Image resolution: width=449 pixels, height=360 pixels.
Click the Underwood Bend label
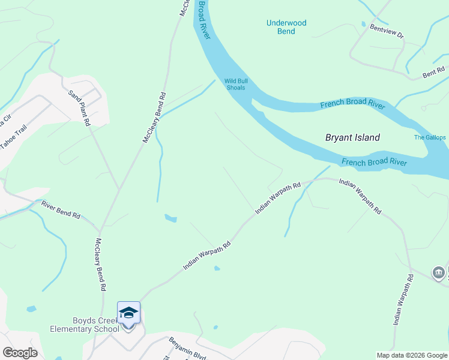click(286, 27)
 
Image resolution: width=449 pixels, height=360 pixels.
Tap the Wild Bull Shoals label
click(235, 84)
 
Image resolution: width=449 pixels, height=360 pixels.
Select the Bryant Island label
click(352, 137)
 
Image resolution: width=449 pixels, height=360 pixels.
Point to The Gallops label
click(430, 137)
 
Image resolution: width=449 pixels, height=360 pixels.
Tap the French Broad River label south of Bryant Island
click(374, 163)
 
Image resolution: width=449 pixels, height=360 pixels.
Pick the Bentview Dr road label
click(387, 31)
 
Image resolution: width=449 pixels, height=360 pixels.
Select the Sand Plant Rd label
click(79, 107)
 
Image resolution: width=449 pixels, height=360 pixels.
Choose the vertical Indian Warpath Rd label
click(403, 300)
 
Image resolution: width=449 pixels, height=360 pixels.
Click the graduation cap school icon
click(128, 313)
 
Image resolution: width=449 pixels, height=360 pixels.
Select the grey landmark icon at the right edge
click(439, 273)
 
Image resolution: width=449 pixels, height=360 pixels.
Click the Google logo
click(20, 352)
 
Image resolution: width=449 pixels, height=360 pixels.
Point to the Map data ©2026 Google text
click(411, 355)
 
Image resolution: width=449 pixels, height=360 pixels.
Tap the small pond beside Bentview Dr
click(363, 24)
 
